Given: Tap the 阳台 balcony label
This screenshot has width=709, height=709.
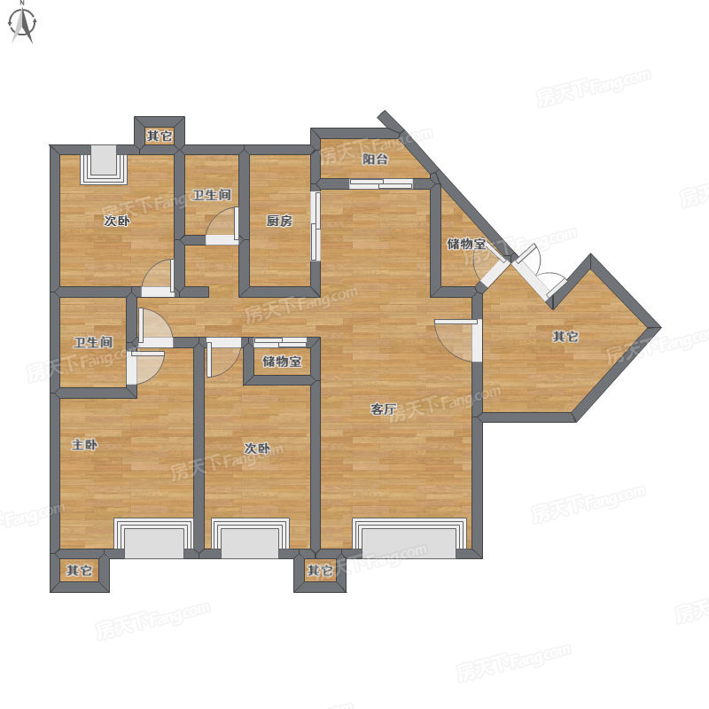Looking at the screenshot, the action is pos(375,160).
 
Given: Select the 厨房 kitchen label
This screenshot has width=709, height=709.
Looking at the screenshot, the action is pos(279,221).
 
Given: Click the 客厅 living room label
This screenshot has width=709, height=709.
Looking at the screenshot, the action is pos(383,409).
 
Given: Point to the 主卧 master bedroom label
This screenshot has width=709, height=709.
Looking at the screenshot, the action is pos(84,445).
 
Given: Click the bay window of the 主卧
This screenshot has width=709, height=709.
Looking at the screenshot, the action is pos(153,538).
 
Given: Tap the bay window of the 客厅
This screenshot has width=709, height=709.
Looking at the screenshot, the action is pos(409,538).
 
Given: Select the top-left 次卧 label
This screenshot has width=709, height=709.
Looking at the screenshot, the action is pos(117,221).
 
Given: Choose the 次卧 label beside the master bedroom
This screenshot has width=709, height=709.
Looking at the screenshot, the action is pos(257,448).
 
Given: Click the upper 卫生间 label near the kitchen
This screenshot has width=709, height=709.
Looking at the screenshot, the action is pos(212,195).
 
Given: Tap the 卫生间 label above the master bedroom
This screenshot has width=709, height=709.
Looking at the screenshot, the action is pos(93,342).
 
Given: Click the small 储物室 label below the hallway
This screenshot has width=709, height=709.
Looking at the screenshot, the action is pos(282,362).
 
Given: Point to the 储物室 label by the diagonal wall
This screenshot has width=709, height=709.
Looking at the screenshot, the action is pos(466,244).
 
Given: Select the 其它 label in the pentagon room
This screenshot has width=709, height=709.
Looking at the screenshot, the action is pos(565,337).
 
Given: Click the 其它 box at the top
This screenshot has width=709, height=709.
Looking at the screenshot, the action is pos(160,136).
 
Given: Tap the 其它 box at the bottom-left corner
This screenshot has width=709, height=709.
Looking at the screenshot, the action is pos(80,570).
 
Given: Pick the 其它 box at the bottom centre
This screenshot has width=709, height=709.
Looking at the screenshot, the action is pos(320,570).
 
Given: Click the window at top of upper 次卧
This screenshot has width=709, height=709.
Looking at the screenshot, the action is pos(104,165).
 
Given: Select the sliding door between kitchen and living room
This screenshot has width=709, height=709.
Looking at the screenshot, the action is pos(316,226).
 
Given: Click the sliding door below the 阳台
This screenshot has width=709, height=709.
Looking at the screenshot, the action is pos(381,183).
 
